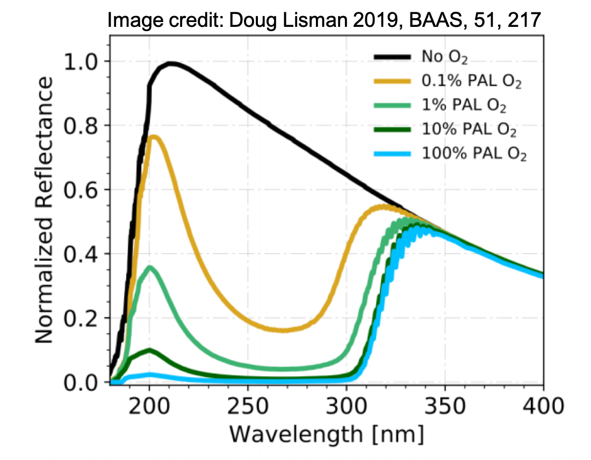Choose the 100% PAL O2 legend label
pyautogui.click(x=471, y=155)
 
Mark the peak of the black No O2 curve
pyautogui.click(x=171, y=63)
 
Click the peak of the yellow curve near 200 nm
pyautogui.click(x=154, y=136)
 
